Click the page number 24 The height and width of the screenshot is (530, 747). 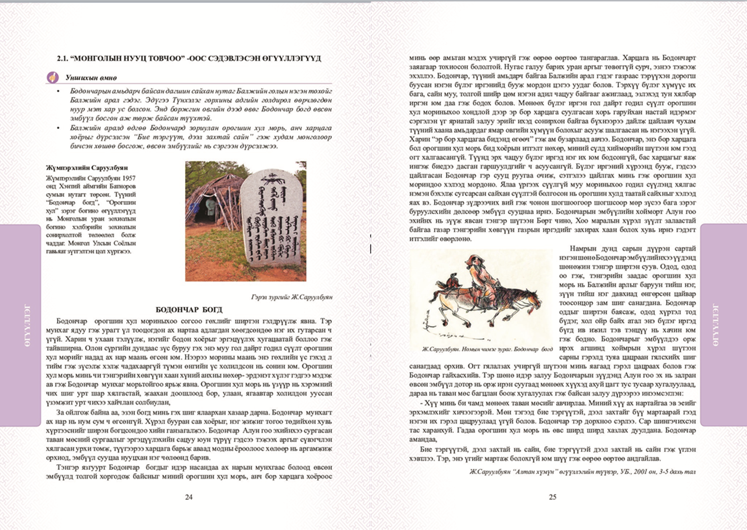pyautogui.click(x=189, y=497)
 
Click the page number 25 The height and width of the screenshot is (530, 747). pyautogui.click(x=552, y=497)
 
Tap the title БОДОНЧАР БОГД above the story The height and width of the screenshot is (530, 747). pyautogui.click(x=189, y=309)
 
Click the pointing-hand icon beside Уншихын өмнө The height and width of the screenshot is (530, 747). pyautogui.click(x=52, y=77)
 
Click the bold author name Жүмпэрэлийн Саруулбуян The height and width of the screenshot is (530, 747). pyautogui.click(x=87, y=167)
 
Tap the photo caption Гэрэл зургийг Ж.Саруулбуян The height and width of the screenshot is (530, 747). pyautogui.click(x=291, y=297)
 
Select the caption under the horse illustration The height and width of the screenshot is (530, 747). pyautogui.click(x=487, y=349)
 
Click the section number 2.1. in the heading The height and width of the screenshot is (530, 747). pyautogui.click(x=62, y=58)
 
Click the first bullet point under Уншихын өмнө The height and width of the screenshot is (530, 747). pyautogui.click(x=59, y=91)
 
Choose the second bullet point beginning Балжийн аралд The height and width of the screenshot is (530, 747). pyautogui.click(x=59, y=128)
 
